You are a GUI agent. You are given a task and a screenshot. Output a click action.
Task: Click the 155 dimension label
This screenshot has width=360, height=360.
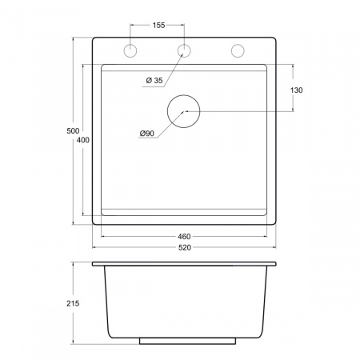(158, 25)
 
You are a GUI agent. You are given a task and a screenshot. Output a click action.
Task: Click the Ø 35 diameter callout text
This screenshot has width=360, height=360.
(154, 80)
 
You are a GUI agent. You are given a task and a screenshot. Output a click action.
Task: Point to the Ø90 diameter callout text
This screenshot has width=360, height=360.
(147, 133)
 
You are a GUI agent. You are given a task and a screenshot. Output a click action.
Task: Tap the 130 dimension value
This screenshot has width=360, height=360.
(296, 90)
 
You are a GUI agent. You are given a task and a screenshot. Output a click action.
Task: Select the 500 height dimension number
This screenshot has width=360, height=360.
(73, 130)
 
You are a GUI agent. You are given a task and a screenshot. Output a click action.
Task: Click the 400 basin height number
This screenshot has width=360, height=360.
(83, 140)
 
